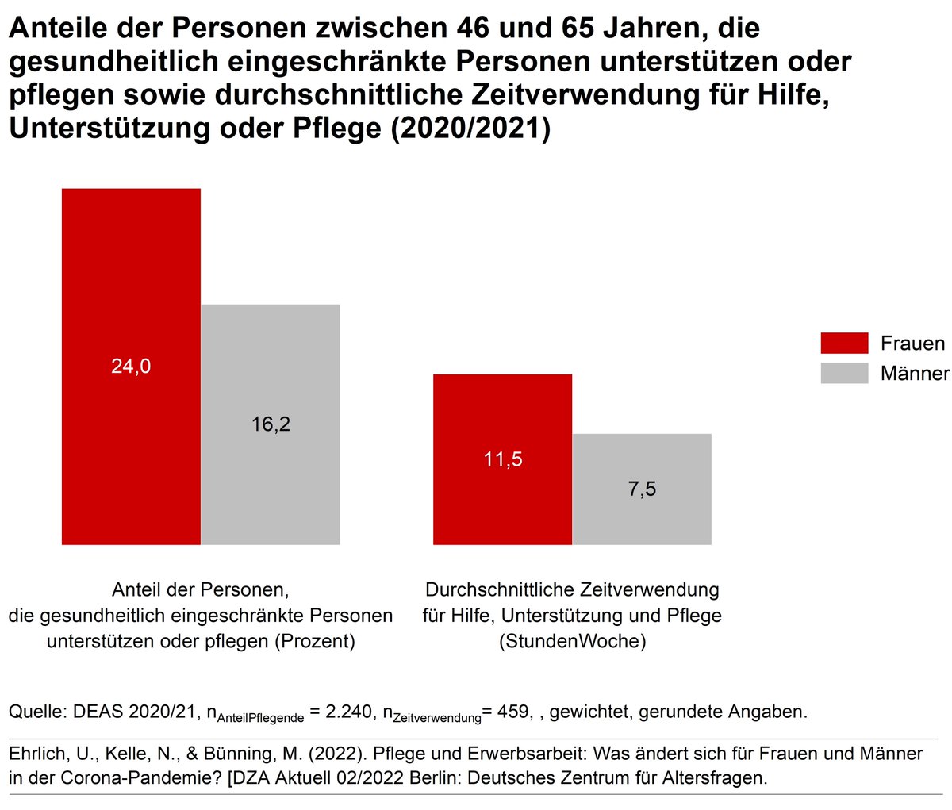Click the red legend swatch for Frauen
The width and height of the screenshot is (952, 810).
point(844,343)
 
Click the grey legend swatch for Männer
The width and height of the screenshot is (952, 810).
point(844,373)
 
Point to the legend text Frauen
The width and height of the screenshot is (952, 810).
point(912,343)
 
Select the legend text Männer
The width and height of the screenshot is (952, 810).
point(915,373)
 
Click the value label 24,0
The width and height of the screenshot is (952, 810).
point(131,367)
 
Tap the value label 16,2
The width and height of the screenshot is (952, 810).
point(271,424)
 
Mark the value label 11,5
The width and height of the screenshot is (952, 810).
point(503,459)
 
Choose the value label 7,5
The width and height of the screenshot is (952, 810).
point(642,489)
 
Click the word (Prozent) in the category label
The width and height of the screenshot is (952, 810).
point(314,641)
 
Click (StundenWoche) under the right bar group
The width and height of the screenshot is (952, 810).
point(572,641)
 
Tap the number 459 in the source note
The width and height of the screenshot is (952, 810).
point(512,712)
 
